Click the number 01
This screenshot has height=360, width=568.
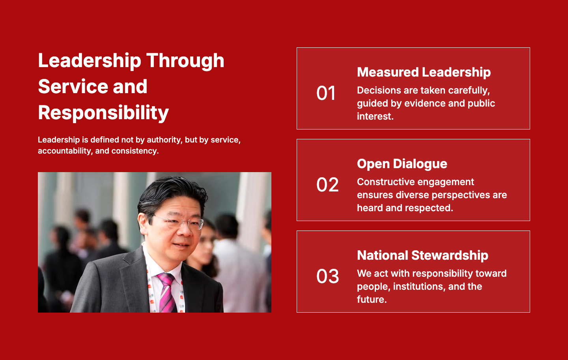click(326, 93)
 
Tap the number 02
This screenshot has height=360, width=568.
click(327, 184)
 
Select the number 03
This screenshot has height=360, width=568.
click(328, 276)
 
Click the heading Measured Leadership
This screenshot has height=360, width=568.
click(424, 72)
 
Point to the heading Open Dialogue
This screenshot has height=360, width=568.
click(402, 164)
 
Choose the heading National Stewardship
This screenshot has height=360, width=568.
click(422, 255)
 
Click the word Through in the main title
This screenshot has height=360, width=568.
click(185, 61)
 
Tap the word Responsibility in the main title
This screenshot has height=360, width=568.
click(103, 113)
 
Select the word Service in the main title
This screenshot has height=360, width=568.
click(73, 86)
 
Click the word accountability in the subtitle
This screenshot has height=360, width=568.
click(65, 151)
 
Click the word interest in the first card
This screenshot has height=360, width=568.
click(375, 116)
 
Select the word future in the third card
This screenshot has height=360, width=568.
click(372, 300)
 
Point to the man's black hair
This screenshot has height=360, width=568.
click(172, 195)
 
